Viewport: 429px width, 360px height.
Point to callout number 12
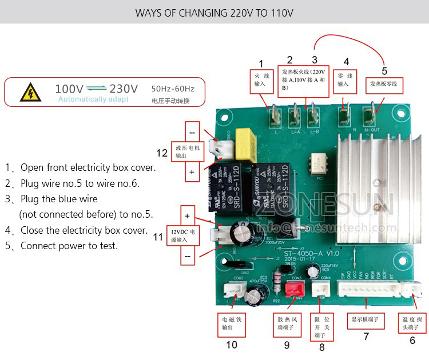pyautogui.click(x=162, y=153)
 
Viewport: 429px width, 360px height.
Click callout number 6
pyautogui.click(x=412, y=340)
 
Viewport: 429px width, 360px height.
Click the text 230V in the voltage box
pyautogui.click(x=124, y=89)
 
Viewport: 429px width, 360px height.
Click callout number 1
pyautogui.click(x=261, y=63)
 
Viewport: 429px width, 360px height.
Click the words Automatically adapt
pyautogui.click(x=93, y=99)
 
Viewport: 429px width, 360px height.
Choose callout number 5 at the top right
pyautogui.click(x=384, y=71)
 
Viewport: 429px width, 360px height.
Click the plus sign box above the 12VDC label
pyautogui.click(x=186, y=216)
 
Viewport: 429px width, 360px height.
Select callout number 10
pyautogui.click(x=231, y=344)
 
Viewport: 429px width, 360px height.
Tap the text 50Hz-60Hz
pyautogui.click(x=173, y=89)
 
